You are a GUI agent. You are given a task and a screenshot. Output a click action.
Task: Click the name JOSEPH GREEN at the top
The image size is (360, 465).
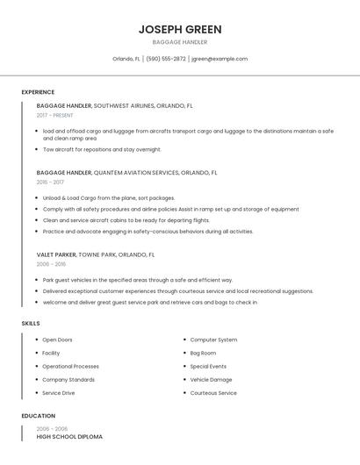[180, 29]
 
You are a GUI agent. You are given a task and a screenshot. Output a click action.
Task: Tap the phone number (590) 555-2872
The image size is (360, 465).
[166, 59]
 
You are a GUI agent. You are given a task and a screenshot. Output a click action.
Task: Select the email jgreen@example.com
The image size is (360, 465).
[220, 59]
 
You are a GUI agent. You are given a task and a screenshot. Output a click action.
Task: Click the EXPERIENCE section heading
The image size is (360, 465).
[38, 92]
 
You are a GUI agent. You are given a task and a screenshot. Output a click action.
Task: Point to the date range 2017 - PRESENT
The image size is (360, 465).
[55, 115]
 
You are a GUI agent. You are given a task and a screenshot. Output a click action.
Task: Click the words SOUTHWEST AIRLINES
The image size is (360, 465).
[123, 105]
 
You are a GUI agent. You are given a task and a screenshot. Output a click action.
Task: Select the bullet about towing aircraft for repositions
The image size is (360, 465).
[102, 149]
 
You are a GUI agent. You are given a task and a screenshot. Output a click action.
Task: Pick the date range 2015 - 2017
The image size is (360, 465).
[50, 182]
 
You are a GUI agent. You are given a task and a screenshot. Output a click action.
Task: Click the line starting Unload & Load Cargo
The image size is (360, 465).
[109, 198]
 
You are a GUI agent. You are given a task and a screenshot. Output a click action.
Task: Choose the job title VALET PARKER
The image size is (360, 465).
[56, 254]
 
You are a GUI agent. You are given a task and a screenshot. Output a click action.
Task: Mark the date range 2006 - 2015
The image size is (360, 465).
[51, 264]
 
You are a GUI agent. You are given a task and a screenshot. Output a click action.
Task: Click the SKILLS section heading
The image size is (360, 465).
[31, 324]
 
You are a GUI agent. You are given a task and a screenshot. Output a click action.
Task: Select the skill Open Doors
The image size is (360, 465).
[58, 340]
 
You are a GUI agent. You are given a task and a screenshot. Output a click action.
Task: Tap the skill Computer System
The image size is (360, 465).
[213, 340]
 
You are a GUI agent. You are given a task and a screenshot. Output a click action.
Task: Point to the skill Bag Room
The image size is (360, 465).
[203, 353]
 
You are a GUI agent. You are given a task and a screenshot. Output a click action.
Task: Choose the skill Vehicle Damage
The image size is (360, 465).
[211, 379]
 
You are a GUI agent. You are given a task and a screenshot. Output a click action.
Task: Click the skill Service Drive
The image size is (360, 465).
[59, 393]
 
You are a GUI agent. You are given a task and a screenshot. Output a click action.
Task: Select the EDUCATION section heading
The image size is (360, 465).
[38, 416]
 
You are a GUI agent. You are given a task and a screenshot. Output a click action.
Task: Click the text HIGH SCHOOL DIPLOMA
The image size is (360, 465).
[69, 437]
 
